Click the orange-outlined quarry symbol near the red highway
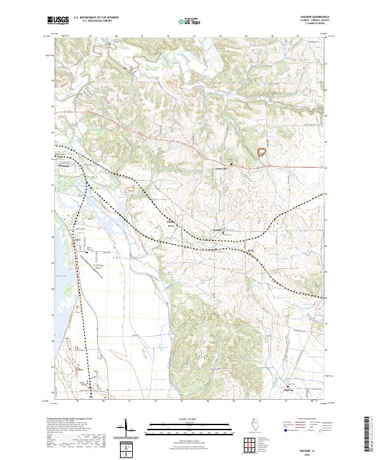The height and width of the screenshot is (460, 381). coord(260,151)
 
